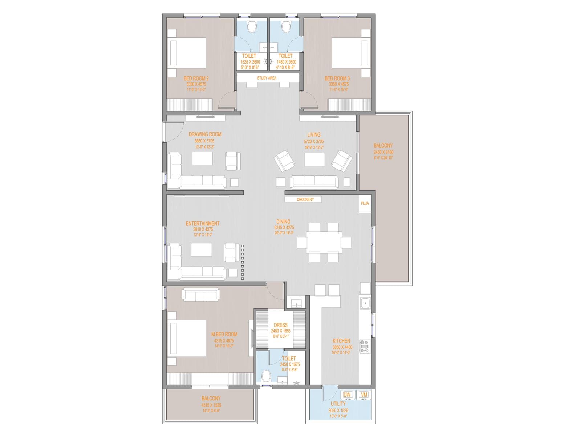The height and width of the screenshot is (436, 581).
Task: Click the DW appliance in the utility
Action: tap(347, 395)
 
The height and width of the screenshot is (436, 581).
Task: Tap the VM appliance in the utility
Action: tap(363, 395)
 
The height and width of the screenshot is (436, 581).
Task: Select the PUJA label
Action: tap(365, 203)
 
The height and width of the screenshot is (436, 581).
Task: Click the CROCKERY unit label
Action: tap(305, 199)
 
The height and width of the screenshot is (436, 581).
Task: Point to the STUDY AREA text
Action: tap(267, 78)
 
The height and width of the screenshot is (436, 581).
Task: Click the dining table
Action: tap(324, 242)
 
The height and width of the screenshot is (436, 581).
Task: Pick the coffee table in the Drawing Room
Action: tap(202, 159)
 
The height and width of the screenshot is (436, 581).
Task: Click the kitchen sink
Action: tap(365, 303)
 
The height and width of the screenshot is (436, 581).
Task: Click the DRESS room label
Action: tap(281, 326)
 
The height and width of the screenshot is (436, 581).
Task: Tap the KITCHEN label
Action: tap(341, 341)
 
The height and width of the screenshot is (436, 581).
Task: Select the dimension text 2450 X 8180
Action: tap(383, 152)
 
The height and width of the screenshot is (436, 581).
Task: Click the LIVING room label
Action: tap(314, 135)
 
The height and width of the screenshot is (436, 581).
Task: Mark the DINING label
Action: tap(283, 222)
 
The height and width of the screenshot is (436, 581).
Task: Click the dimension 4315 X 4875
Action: tap(224, 341)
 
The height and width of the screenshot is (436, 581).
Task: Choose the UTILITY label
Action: tap(338, 404)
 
